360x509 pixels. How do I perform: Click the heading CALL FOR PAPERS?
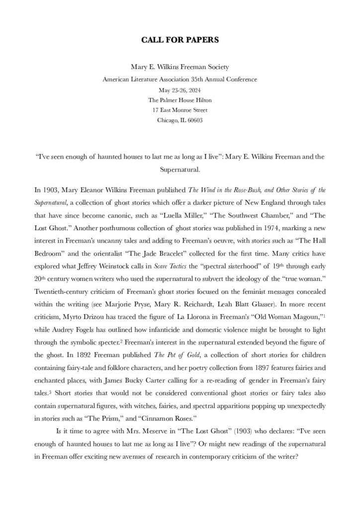[180, 40]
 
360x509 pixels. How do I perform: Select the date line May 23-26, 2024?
[180, 90]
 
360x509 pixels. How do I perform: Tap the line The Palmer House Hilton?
[180, 100]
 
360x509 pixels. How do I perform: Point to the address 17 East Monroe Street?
[180, 110]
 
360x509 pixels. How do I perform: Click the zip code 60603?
[194, 120]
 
